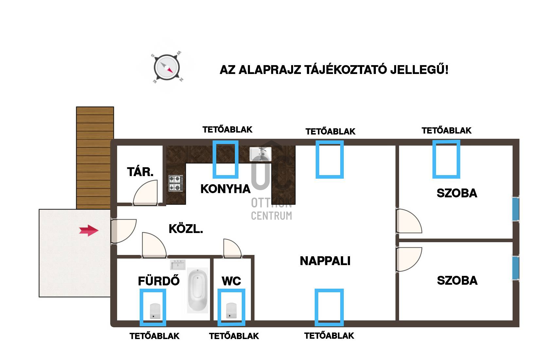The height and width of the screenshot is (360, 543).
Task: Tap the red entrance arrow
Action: pos(89,230)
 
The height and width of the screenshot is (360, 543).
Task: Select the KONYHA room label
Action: pos(225,189)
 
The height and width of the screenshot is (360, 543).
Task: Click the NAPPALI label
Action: pos(325,261)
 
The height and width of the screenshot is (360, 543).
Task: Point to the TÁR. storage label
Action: pos(140,172)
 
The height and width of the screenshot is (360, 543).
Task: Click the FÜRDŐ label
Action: pos(159,281)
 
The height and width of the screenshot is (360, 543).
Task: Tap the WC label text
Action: pos(231,281)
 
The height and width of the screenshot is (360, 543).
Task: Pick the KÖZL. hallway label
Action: pos(186,229)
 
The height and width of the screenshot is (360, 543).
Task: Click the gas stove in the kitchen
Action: pos(176,183)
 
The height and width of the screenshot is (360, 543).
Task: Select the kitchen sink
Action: pos(260,154)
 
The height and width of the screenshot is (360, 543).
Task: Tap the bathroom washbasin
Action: pos(178,264)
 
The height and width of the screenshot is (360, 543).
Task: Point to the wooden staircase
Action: pos(95,158)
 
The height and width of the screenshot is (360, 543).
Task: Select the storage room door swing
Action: pos(146,193)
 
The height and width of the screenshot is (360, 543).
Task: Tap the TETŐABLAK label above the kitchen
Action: pos(227,130)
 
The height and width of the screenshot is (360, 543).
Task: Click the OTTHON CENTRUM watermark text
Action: pos(271,209)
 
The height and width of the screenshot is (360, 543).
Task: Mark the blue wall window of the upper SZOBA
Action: pos(516,209)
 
